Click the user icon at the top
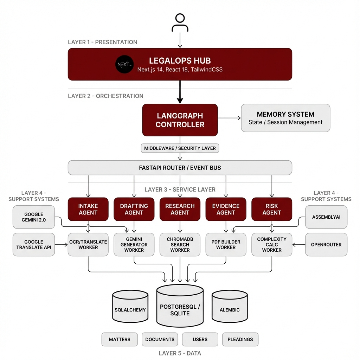tap(180, 23)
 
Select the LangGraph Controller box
tap(180, 120)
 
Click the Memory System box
tap(285, 118)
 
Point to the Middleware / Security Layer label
tap(180, 148)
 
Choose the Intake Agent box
tap(88, 209)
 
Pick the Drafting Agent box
tap(134, 209)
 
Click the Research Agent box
tap(180, 209)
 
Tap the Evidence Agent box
tap(226, 209)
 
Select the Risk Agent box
tap(272, 209)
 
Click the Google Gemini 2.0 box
tap(34, 217)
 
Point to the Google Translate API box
tap(34, 244)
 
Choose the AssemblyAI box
tap(326, 217)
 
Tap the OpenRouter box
tap(326, 244)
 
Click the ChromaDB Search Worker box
tap(180, 244)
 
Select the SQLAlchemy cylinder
tap(130, 308)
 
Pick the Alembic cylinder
tap(230, 308)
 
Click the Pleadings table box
tap(240, 339)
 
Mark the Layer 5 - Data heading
tap(180, 353)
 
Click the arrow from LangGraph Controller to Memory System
tap(229, 118)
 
